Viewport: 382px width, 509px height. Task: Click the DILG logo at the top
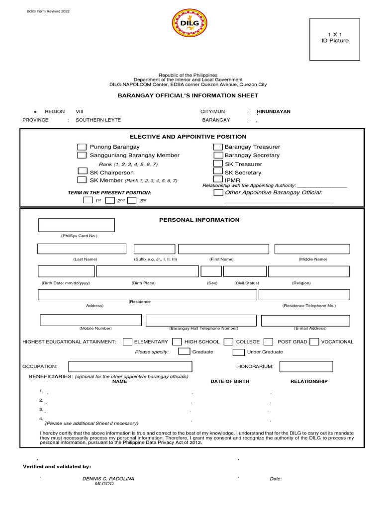pyautogui.click(x=190, y=24)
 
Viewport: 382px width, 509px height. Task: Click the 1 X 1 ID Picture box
pyautogui.click(x=334, y=39)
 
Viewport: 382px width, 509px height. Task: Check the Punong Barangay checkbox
pyautogui.click(x=82, y=147)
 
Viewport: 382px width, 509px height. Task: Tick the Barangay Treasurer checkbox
pyautogui.click(x=218, y=147)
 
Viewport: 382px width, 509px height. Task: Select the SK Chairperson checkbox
pyautogui.click(x=82, y=171)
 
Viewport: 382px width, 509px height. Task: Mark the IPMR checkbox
pyautogui.click(x=218, y=179)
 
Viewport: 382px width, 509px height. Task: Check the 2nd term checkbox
pyautogui.click(x=110, y=200)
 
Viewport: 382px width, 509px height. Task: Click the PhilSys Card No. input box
pyautogui.click(x=77, y=225)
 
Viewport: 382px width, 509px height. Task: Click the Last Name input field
pyautogui.click(x=82, y=249)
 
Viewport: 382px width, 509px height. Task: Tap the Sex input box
pyautogui.click(x=211, y=271)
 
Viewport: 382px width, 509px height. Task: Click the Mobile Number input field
pyautogui.click(x=91, y=320)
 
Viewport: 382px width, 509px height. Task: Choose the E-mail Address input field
pyautogui.click(x=305, y=320)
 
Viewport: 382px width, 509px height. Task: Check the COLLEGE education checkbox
pyautogui.click(x=228, y=341)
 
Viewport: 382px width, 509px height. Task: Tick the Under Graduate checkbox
pyautogui.click(x=239, y=352)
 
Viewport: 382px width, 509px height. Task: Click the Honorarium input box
pyautogui.click(x=306, y=366)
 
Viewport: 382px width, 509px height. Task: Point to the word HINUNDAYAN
pyautogui.click(x=274, y=112)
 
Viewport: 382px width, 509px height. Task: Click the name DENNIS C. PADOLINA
pyautogui.click(x=108, y=479)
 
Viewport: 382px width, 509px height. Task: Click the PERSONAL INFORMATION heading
pyautogui.click(x=199, y=220)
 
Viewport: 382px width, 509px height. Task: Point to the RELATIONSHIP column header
pyautogui.click(x=309, y=381)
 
